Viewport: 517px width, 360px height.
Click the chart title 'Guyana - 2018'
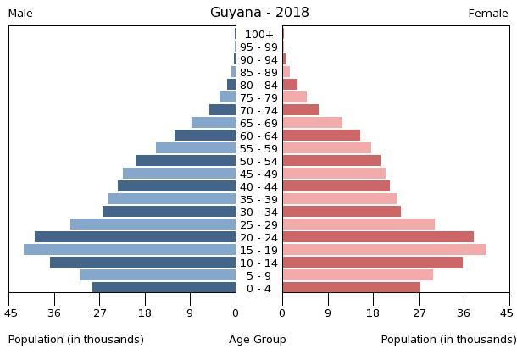(x=259, y=13)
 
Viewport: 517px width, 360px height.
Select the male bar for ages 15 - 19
(x=130, y=250)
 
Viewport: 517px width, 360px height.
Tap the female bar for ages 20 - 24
(x=378, y=237)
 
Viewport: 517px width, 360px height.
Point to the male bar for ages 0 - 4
(x=164, y=288)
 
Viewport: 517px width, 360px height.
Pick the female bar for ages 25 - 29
(x=359, y=224)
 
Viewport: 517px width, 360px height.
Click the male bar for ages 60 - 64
(x=205, y=136)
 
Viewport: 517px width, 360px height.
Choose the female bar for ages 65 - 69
(x=313, y=123)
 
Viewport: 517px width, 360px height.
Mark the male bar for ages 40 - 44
(x=177, y=186)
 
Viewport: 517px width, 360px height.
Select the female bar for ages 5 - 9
(x=358, y=275)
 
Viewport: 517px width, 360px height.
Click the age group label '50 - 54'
(x=258, y=161)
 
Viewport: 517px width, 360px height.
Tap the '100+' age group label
(x=258, y=35)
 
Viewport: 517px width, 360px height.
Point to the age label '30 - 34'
(x=258, y=212)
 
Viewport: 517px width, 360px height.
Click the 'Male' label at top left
(x=20, y=14)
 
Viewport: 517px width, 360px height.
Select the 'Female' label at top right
(x=488, y=14)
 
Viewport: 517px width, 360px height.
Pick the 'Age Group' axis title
(x=258, y=340)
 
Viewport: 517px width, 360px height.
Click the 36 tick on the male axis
(x=55, y=313)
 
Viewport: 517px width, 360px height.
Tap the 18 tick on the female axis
(x=373, y=313)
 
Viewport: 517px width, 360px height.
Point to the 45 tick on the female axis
(x=507, y=313)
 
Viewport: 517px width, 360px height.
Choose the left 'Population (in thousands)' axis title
(x=76, y=340)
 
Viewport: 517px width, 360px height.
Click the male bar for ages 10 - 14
(x=143, y=263)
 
